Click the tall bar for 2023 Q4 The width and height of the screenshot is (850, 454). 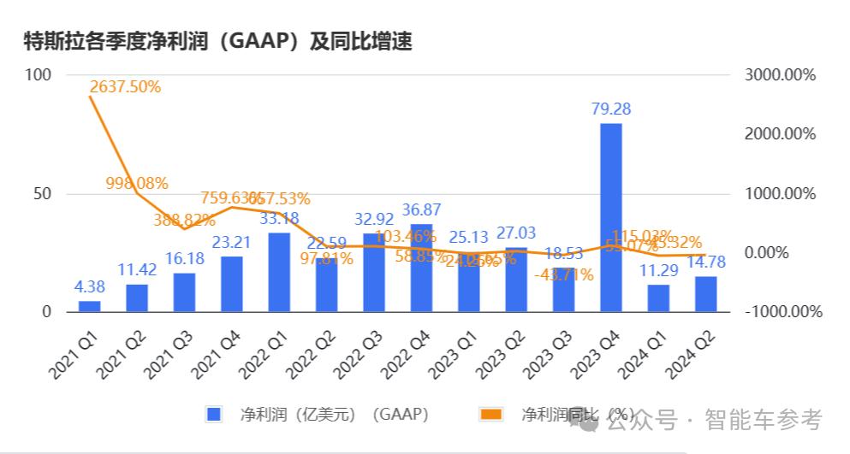tap(610, 217)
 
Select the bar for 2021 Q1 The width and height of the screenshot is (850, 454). tap(89, 306)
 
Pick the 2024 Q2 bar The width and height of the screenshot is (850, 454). tap(705, 294)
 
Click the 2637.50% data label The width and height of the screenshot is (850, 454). tap(125, 86)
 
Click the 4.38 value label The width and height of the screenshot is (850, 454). tap(89, 286)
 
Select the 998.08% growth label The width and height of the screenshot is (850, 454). tap(137, 183)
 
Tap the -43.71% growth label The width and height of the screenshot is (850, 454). tap(563, 275)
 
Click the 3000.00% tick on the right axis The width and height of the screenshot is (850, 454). tap(780, 75)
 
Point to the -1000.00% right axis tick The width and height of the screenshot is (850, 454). tap(782, 312)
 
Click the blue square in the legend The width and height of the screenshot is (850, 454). tap(214, 415)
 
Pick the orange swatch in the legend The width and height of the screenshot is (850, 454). tap(491, 415)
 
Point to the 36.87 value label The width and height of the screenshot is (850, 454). tap(422, 209)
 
